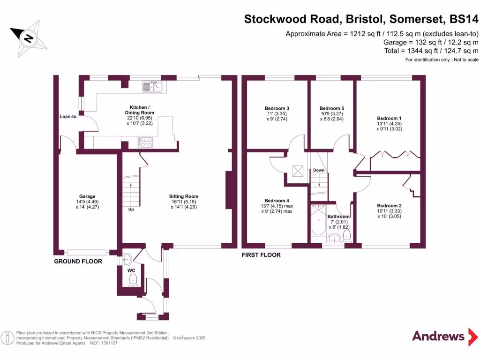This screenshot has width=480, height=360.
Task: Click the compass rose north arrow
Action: click(29, 38)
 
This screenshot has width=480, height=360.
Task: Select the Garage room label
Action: click(87, 196)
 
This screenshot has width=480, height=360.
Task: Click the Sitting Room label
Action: click(184, 196)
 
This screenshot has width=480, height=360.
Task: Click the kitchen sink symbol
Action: click(153, 86)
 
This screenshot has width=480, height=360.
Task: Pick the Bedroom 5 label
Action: click(331, 108)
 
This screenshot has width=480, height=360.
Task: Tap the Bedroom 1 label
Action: click(390, 118)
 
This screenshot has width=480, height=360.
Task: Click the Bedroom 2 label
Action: click(390, 206)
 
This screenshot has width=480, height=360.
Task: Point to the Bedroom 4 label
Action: click(277, 201)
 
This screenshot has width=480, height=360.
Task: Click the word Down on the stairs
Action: click(319, 170)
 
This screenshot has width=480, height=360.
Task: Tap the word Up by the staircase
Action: click(131, 209)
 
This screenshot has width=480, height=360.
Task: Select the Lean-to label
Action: click(68, 116)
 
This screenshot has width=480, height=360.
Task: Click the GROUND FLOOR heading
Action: click(77, 262)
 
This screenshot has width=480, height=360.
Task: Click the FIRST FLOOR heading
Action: click(261, 255)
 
